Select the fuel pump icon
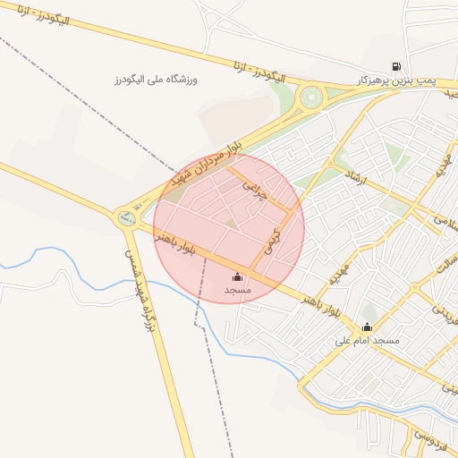pyautogui.click(x=395, y=65)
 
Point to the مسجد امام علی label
pyautogui.click(x=367, y=341)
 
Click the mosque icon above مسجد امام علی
pyautogui.click(x=367, y=327)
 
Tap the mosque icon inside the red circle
pyautogui.click(x=237, y=277)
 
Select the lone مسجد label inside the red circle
pyautogui.click(x=237, y=292)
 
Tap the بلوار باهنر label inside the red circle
pyautogui.click(x=173, y=243)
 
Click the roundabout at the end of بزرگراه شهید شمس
pyautogui.click(x=124, y=216)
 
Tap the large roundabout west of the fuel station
pyautogui.click(x=311, y=96)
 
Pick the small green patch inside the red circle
pyautogui.click(x=231, y=221)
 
